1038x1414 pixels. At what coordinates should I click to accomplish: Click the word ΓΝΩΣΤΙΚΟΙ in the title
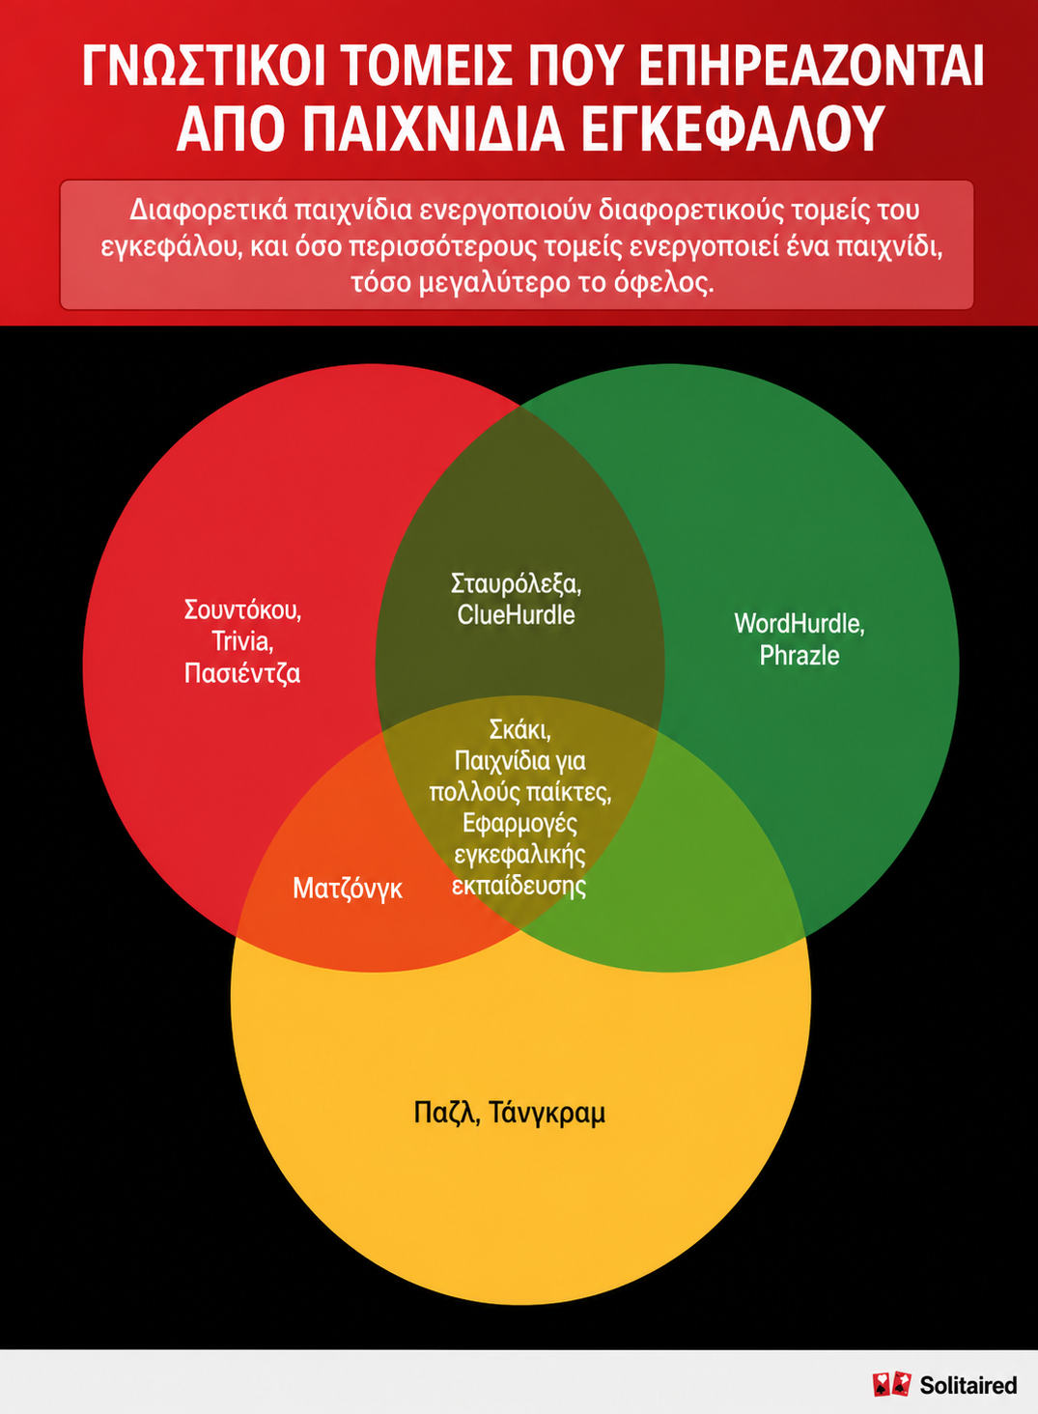(x=204, y=66)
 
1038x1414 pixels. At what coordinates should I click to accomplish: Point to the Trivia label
(x=243, y=641)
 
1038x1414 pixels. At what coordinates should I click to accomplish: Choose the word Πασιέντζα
(x=242, y=673)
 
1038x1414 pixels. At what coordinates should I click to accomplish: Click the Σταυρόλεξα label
(x=517, y=583)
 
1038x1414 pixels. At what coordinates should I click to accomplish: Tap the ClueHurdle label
(x=517, y=615)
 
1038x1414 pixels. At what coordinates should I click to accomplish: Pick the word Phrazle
(x=800, y=655)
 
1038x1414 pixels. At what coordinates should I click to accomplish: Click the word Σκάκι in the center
(x=519, y=729)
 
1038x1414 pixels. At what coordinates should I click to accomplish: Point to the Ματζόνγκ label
(x=348, y=890)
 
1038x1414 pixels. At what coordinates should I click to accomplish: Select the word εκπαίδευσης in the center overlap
(x=519, y=887)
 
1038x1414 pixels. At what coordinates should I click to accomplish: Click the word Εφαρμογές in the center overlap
(x=519, y=824)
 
